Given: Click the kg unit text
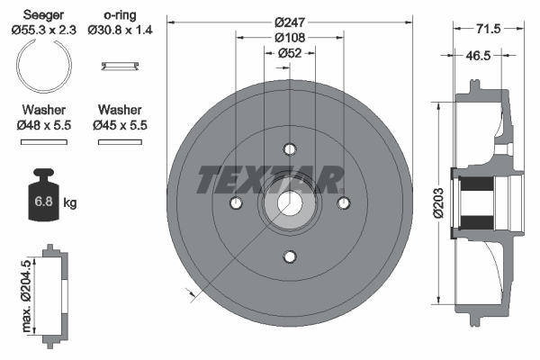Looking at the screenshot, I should (x=70, y=203).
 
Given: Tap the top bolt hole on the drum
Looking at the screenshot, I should (x=289, y=149).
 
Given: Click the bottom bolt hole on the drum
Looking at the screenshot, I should (x=289, y=258).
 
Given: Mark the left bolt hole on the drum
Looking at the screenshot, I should (x=235, y=204).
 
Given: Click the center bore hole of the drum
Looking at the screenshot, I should (x=289, y=204).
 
